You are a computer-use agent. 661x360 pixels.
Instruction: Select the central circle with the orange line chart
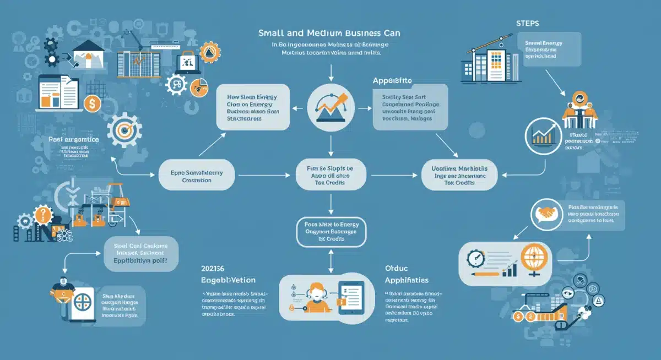(x=330, y=104)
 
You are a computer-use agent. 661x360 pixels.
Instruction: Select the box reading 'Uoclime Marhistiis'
(x=459, y=176)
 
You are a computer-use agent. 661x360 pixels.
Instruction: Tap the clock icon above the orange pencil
(x=476, y=259)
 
